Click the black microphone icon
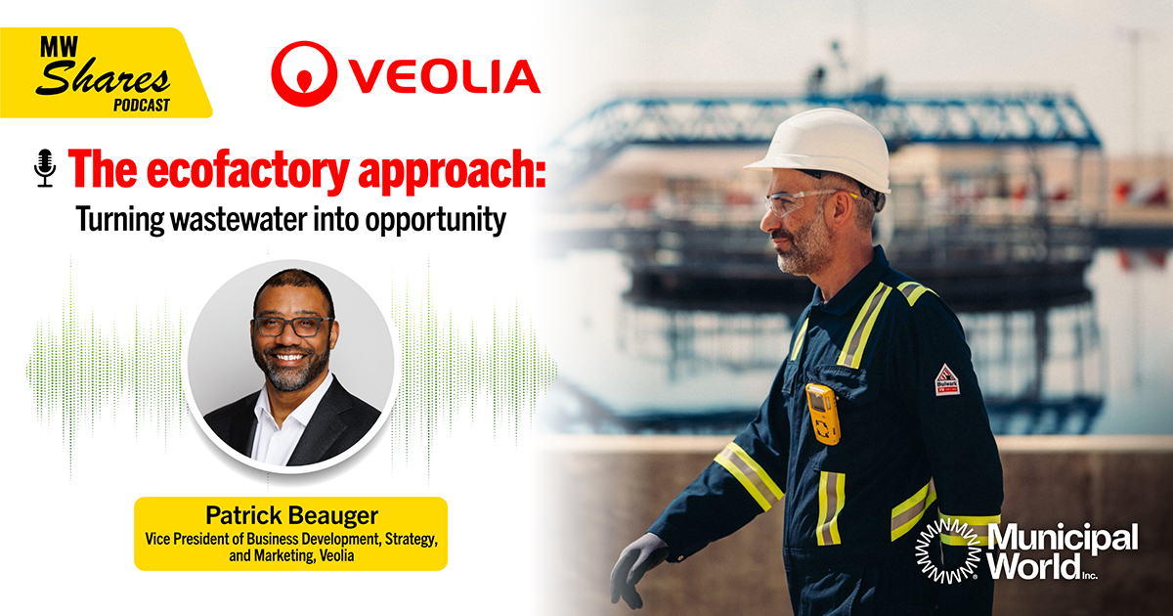pos(46,168)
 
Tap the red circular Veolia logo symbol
pos(304,74)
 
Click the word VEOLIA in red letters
pos(445,76)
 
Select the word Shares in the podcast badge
pos(104,77)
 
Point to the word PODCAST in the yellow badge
pos(142,106)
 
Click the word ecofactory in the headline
pos(247,169)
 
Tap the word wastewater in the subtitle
pos(239,219)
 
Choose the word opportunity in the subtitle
pos(436,221)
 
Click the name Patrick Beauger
pos(291,515)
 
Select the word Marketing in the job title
pos(284,555)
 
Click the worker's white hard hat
pos(823,150)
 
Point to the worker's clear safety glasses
pos(802,201)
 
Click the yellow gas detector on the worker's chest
pos(822,414)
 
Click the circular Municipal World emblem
pos(948,550)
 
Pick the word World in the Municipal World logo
pos(1034,566)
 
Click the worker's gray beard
pos(803,248)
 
